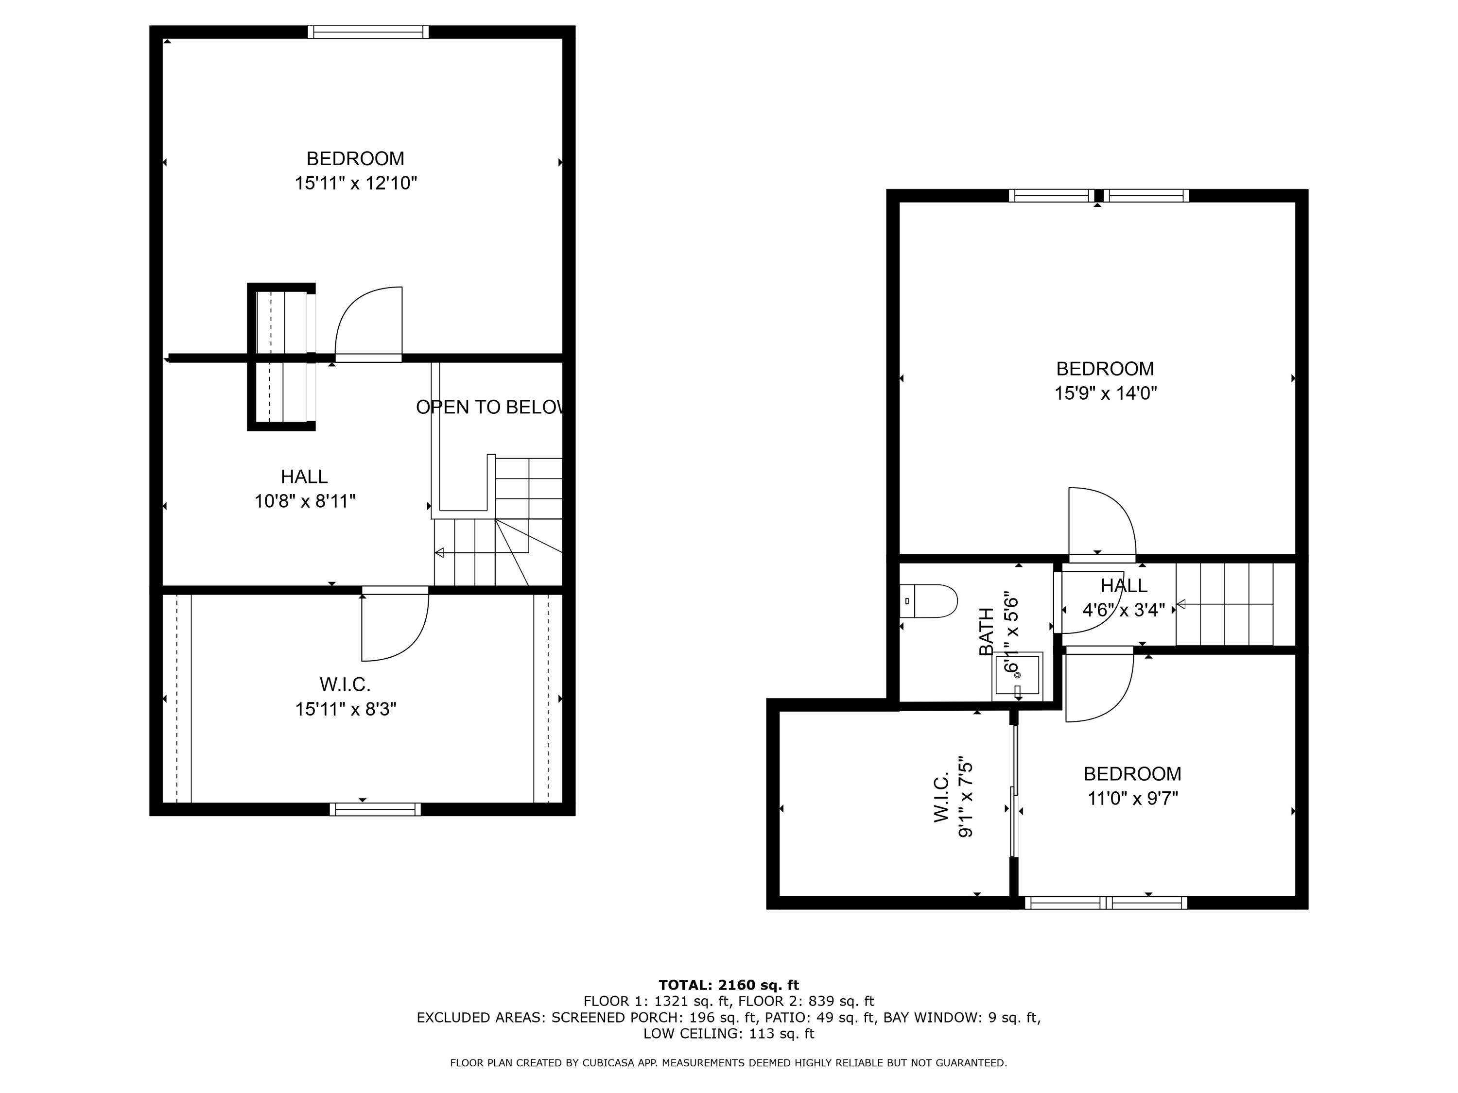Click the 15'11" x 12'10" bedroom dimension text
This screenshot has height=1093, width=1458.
pos(356,183)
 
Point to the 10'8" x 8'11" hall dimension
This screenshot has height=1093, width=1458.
pos(305,501)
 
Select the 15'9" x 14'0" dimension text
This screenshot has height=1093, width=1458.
pos(1105,393)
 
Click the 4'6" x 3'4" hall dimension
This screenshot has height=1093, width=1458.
pos(1123,610)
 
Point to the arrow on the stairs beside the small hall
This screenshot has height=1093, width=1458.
pos(1182,604)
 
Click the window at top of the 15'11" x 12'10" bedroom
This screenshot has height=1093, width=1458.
pos(368,32)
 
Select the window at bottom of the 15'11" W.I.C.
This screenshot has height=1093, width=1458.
pos(375,809)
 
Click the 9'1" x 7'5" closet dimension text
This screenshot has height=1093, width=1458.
pos(965,797)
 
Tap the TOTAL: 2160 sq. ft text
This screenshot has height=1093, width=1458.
pos(729,985)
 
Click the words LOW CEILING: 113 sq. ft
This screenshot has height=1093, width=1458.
pos(729,1033)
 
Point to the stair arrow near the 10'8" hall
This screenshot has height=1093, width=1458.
pos(440,552)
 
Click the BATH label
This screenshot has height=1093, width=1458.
pos(986,631)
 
